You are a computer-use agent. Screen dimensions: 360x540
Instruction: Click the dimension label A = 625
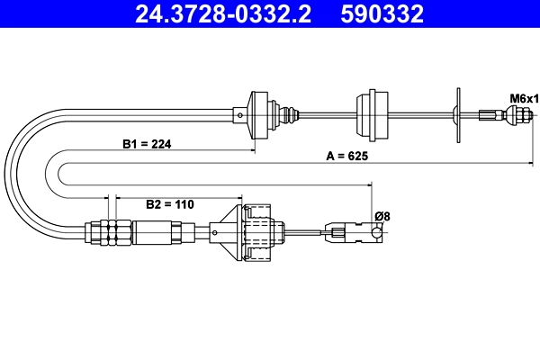point(347,156)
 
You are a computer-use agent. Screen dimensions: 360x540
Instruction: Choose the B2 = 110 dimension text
point(170,204)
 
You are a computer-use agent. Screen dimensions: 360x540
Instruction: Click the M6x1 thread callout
point(523,97)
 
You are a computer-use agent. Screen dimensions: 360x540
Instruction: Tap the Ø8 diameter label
point(381,216)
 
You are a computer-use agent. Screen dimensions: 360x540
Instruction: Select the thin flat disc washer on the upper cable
point(458,114)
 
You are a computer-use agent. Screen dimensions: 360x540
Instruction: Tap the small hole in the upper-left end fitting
point(240,114)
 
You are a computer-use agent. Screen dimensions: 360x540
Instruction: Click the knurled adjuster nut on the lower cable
point(110,231)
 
